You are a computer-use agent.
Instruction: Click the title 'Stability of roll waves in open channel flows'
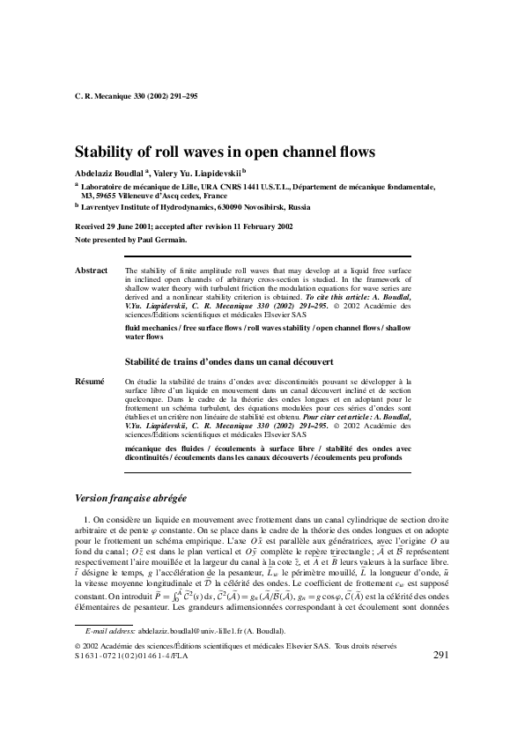226,151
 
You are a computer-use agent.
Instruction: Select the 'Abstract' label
92,271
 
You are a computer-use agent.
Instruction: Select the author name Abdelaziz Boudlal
108,172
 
